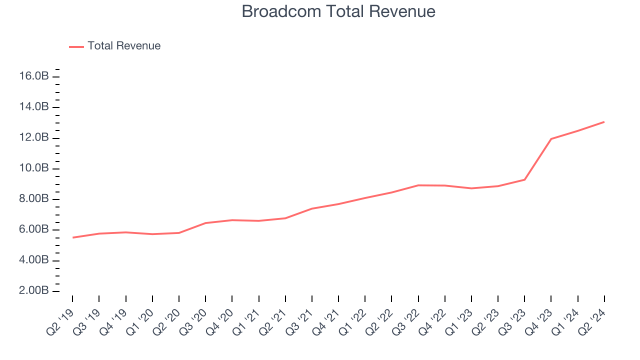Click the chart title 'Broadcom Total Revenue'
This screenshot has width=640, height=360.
[338, 11]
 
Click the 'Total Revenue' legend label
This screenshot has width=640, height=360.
[124, 46]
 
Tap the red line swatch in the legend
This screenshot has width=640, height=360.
[76, 46]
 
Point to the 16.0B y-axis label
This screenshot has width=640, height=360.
[34, 76]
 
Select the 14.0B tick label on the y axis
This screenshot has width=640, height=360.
[34, 107]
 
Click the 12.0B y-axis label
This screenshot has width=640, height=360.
[34, 138]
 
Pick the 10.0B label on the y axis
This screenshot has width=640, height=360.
[34, 168]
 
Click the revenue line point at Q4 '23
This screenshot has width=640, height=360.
[551, 138]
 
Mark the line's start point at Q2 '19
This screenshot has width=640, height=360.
[73, 237]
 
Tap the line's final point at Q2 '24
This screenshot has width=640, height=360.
[604, 121]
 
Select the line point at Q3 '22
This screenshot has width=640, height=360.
[418, 185]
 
